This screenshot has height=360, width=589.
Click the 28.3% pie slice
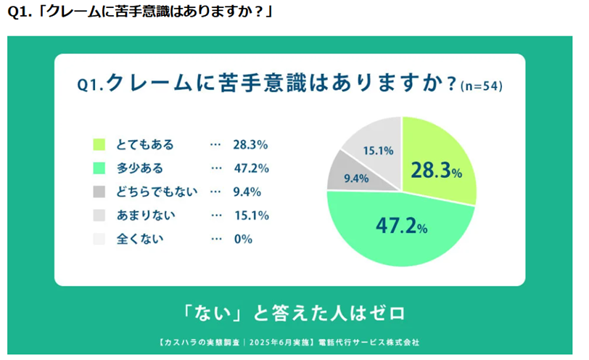(439, 163)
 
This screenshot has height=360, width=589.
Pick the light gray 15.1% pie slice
(374, 145)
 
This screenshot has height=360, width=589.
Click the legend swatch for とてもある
(99, 144)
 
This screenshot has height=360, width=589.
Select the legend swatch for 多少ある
(99, 168)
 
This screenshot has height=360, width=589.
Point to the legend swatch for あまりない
(99, 216)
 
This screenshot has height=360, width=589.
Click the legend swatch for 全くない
(99, 239)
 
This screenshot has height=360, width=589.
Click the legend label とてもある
(145, 144)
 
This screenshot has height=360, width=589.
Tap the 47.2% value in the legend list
(250, 168)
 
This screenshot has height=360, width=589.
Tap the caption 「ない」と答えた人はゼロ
(293, 314)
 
